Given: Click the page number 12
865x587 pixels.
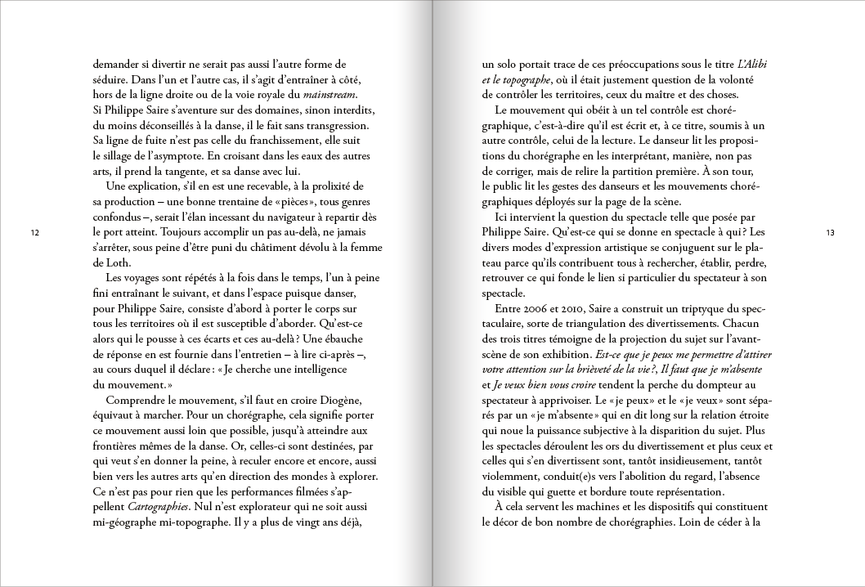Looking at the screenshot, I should point(34,234).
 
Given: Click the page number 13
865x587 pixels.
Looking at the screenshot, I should point(830,234).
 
